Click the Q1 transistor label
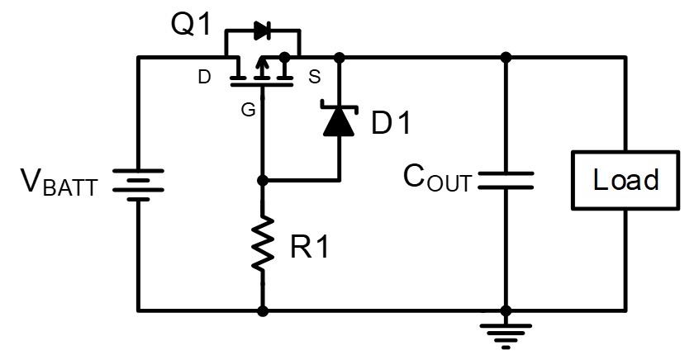190,25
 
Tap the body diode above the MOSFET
262,31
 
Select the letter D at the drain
204,77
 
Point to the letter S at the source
314,77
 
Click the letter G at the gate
249,110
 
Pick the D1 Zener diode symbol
340,121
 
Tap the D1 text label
391,122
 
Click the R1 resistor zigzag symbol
263,244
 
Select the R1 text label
309,246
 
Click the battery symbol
138,185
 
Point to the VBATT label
59,182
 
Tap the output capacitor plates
506,181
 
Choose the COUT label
437,178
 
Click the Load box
625,180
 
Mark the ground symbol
506,336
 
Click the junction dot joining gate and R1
263,181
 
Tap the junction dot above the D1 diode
340,58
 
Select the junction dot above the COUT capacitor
506,58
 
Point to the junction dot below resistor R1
263,311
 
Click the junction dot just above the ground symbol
506,311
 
